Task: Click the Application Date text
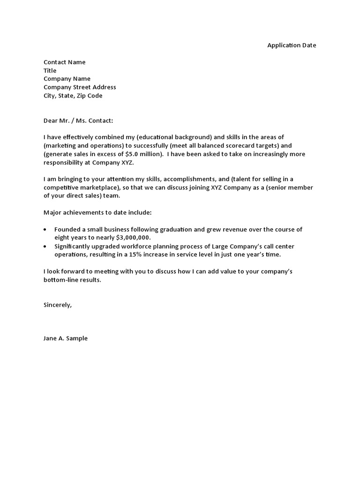[x=292, y=45]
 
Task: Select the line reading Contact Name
[x=65, y=62]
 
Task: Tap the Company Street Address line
[x=80, y=87]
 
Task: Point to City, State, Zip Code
[x=73, y=96]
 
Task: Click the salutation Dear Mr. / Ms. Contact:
[x=78, y=120]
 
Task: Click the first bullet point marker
[x=45, y=230]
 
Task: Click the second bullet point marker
[x=45, y=247]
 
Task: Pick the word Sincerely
[x=58, y=305]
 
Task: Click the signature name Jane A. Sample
[x=66, y=338]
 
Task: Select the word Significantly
[x=73, y=246]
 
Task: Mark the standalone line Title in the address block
[x=50, y=70]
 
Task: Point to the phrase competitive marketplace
[x=82, y=187]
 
